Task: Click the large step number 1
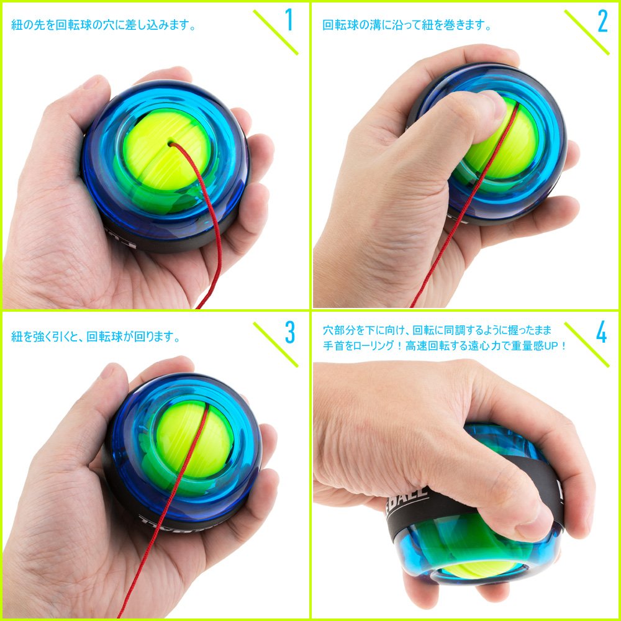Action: pos(289,20)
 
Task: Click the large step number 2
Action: pos(602,21)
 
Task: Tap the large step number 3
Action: pos(290,332)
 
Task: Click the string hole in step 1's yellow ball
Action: pos(171,144)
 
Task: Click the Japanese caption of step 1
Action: pos(104,25)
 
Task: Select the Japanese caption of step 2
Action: pos(407,25)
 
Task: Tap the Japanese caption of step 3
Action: pos(96,337)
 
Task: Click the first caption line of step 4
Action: pos(437,330)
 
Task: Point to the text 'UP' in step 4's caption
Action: pos(551,346)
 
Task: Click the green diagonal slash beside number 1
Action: pos(275,32)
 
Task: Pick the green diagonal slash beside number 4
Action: pos(587,345)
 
